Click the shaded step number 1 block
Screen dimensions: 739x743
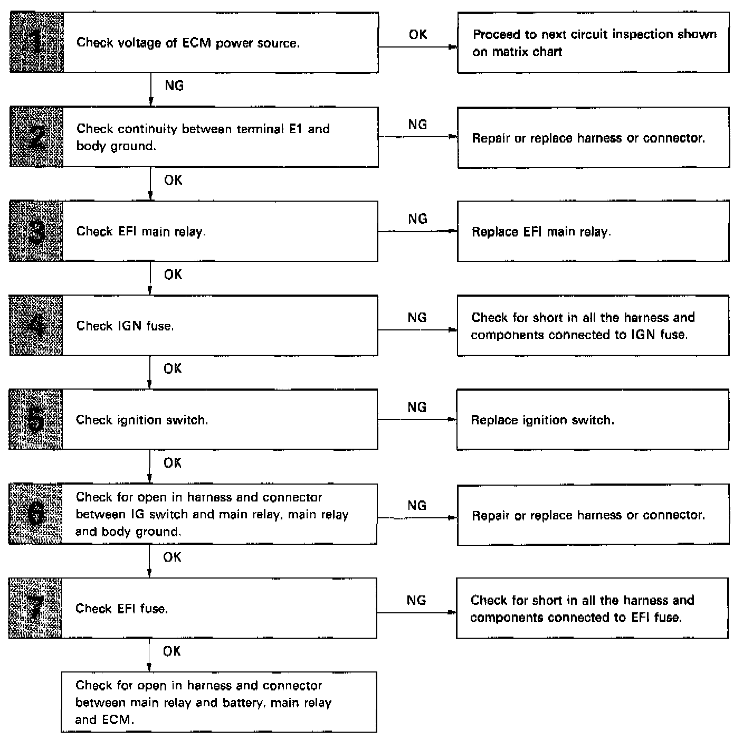[x=36, y=42]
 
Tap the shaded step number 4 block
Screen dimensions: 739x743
[x=36, y=325]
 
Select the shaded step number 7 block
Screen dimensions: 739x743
[x=35, y=608]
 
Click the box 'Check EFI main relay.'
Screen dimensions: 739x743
[x=220, y=231]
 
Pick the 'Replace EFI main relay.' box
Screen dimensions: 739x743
[x=593, y=231]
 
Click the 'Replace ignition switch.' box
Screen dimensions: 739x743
[x=592, y=420]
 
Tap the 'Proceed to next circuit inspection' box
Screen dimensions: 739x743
[x=593, y=43]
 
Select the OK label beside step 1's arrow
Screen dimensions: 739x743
[x=418, y=35]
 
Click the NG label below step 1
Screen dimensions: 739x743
[x=174, y=86]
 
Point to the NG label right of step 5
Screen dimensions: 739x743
[x=417, y=408]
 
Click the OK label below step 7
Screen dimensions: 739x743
[x=172, y=651]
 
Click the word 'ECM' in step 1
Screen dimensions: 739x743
[x=196, y=43]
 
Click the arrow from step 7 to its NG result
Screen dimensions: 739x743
[x=416, y=613]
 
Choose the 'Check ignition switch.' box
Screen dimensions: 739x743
[x=220, y=420]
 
